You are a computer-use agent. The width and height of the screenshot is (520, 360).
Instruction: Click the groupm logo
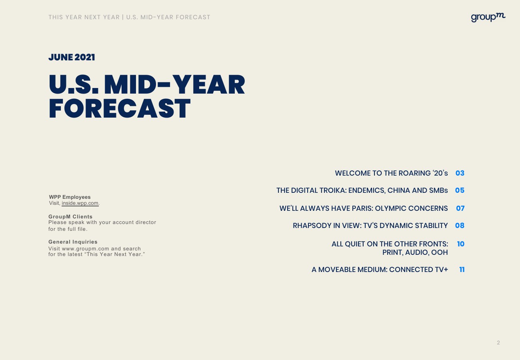(488, 18)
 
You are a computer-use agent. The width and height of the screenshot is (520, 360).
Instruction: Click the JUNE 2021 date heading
(72, 57)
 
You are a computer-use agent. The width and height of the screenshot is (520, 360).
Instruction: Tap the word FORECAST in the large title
(120, 108)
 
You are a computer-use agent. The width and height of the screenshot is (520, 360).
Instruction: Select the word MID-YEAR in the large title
(174, 84)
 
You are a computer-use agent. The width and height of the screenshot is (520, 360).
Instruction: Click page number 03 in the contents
(460, 173)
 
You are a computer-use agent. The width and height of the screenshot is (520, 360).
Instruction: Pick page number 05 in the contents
(460, 190)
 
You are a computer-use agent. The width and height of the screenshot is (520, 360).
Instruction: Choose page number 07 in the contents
(460, 208)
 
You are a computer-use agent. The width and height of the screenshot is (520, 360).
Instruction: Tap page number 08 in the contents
(460, 225)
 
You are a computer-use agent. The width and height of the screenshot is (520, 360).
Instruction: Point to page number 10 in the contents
(461, 244)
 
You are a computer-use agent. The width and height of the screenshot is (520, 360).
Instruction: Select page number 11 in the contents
(462, 270)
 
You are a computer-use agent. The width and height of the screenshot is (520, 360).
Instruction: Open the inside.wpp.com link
(80, 203)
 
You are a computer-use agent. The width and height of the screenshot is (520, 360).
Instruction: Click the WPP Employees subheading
(70, 197)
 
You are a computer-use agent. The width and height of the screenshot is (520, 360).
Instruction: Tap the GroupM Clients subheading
(70, 216)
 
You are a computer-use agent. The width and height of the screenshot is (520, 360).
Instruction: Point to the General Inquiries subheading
(73, 242)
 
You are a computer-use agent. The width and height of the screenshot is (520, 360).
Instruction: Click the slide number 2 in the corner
(498, 342)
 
